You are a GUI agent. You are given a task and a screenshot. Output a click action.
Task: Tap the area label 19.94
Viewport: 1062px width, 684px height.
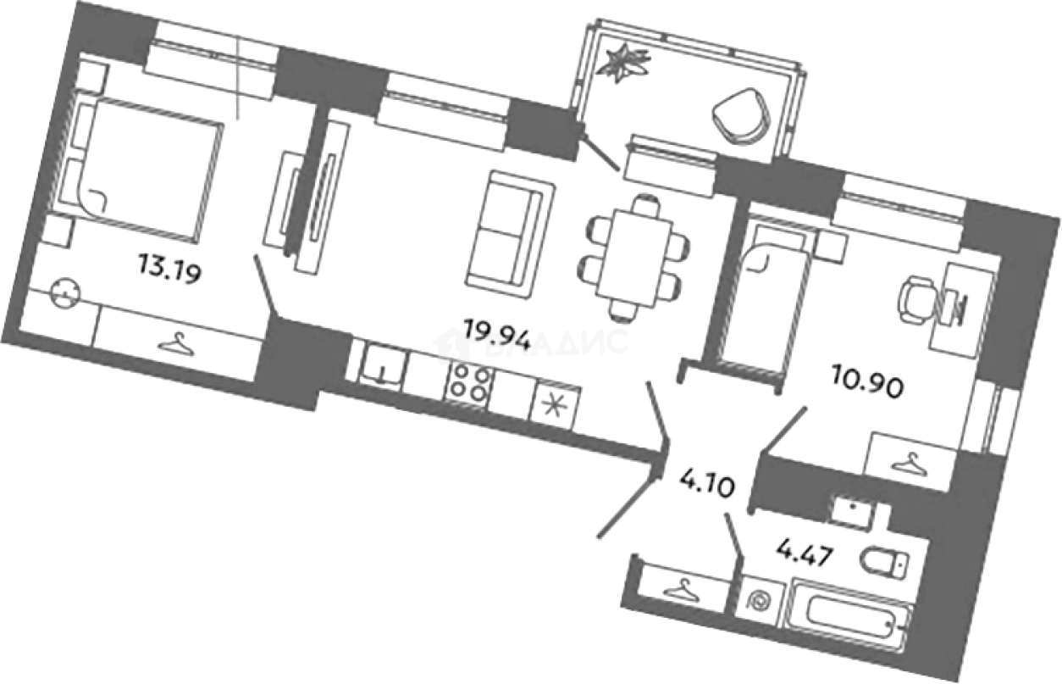[x=497, y=331]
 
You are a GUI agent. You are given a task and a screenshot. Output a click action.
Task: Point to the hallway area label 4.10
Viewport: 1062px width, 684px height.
[x=705, y=489]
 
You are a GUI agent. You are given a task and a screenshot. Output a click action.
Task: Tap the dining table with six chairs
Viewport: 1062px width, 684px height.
[x=633, y=254]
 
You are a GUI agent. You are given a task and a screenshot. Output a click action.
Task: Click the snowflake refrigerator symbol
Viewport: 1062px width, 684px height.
[x=556, y=403]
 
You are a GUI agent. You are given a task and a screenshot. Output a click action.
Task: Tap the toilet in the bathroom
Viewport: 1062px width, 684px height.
[x=883, y=562]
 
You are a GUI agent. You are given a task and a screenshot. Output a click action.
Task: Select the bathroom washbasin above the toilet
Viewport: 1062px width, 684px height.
[x=851, y=508]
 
